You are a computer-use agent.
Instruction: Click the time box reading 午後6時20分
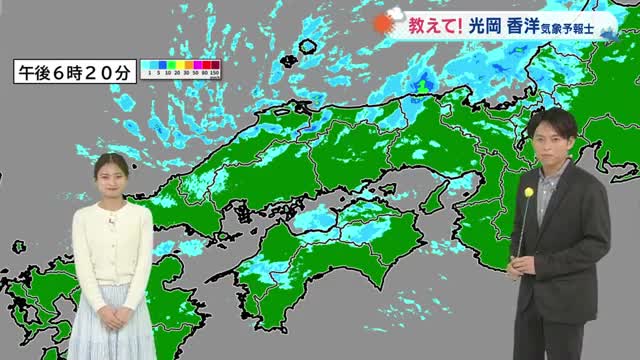(73, 72)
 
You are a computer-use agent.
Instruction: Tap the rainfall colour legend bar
(180, 68)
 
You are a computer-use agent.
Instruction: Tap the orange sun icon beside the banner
(384, 25)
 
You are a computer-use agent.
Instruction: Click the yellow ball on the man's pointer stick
(528, 192)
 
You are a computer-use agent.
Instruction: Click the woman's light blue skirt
(112, 325)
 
